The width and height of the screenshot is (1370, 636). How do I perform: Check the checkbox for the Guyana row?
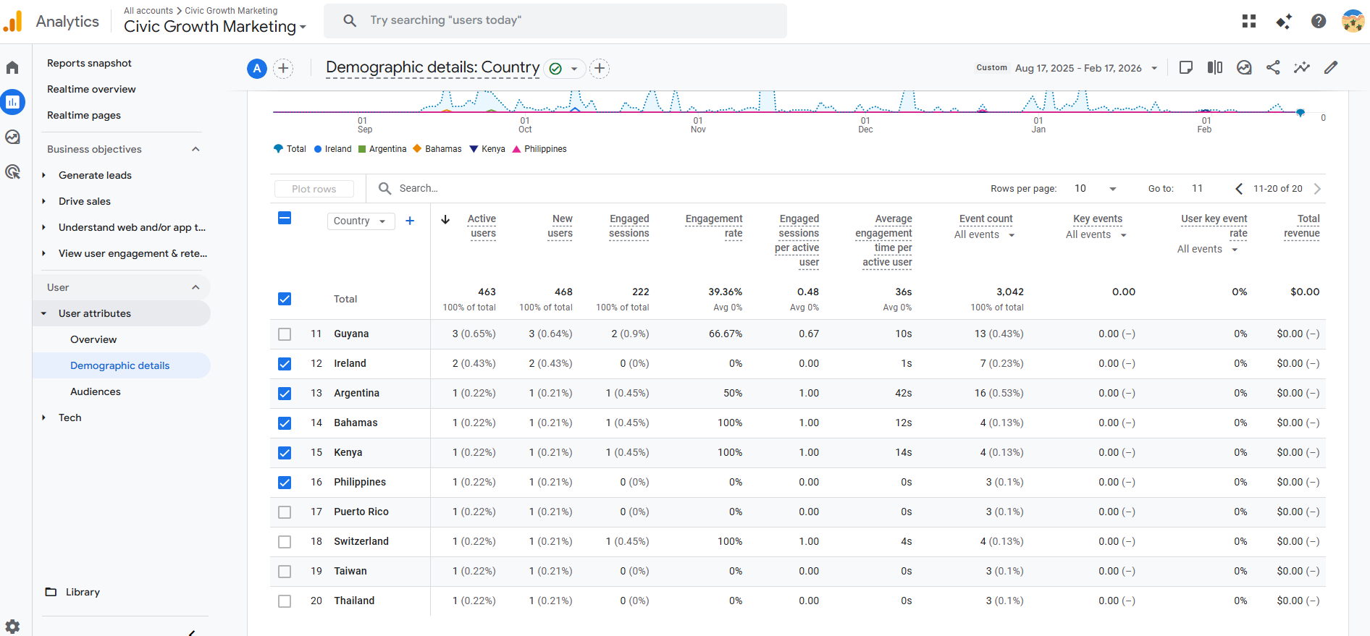pyautogui.click(x=285, y=334)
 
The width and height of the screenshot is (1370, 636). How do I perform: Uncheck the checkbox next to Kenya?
pyautogui.click(x=285, y=453)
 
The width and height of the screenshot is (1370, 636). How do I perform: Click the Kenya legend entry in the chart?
pyautogui.click(x=487, y=149)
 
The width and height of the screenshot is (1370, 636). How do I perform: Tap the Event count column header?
pyautogui.click(x=986, y=219)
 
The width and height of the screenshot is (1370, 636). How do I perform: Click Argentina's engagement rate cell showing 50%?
pyautogui.click(x=733, y=393)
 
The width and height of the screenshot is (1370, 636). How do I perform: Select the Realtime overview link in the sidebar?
pyautogui.click(x=91, y=89)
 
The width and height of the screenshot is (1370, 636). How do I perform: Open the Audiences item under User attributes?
pyautogui.click(x=96, y=391)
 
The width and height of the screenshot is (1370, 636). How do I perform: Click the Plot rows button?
pyautogui.click(x=314, y=189)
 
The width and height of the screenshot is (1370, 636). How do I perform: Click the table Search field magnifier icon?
pyautogui.click(x=385, y=188)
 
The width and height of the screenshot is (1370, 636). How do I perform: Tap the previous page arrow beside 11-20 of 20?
pyautogui.click(x=1239, y=189)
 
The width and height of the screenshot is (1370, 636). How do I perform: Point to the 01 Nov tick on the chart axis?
pyautogui.click(x=698, y=125)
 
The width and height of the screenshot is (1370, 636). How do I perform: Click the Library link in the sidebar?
pyautogui.click(x=83, y=592)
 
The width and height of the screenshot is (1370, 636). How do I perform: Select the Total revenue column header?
pyautogui.click(x=1302, y=226)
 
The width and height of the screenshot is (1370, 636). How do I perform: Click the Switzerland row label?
pyautogui.click(x=361, y=541)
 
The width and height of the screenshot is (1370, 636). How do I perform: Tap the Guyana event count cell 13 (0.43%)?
pyautogui.click(x=999, y=334)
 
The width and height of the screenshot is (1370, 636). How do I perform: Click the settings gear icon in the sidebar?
pyautogui.click(x=12, y=627)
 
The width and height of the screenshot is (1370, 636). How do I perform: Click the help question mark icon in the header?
pyautogui.click(x=1319, y=21)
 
